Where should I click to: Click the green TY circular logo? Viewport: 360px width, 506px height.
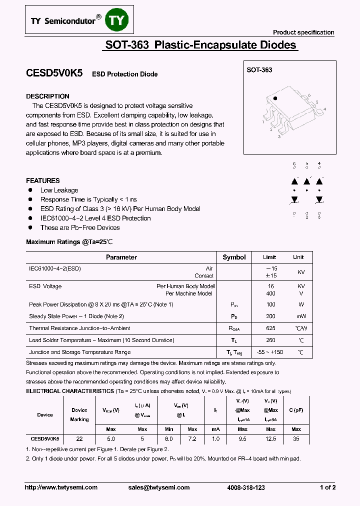pyautogui.click(x=118, y=20)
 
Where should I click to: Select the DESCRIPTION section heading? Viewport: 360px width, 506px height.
pyautogui.click(x=47, y=96)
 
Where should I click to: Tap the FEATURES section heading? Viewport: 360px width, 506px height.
pyautogui.click(x=43, y=180)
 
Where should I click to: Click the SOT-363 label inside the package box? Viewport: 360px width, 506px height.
pyautogui.click(x=259, y=70)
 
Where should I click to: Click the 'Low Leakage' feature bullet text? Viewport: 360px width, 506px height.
pyautogui.click(x=59, y=190)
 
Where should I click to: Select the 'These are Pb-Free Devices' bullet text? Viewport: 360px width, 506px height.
pyautogui.click(x=80, y=227)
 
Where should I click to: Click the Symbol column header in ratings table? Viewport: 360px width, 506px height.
pyautogui.click(x=234, y=257)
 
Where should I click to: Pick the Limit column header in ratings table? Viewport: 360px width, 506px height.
pyautogui.click(x=269, y=257)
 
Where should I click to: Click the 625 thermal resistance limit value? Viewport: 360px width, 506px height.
pyautogui.click(x=270, y=328)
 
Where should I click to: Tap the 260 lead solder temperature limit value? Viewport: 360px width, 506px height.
pyautogui.click(x=270, y=340)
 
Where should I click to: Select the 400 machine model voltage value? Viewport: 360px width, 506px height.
pyautogui.click(x=270, y=293)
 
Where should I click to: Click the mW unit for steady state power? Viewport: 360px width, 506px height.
pyautogui.click(x=300, y=316)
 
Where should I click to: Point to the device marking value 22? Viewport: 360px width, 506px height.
pyautogui.click(x=79, y=438)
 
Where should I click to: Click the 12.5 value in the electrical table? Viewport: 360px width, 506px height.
pyautogui.click(x=270, y=438)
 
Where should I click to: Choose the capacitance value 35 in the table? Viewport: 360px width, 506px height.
pyautogui.click(x=296, y=438)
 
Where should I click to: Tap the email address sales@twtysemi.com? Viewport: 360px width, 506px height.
pyautogui.click(x=158, y=487)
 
